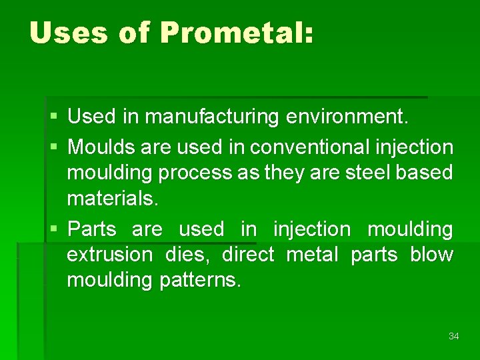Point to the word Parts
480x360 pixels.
92,229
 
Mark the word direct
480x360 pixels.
248,255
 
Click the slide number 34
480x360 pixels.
453,336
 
